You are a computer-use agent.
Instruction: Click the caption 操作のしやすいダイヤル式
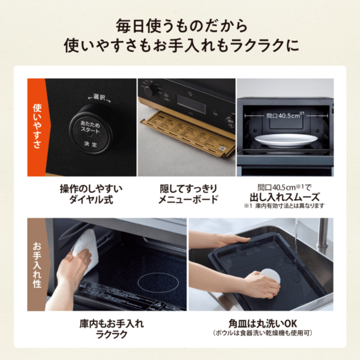pos(91,193)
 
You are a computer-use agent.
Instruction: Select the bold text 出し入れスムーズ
pos(284,197)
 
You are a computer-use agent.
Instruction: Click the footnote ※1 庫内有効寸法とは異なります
pos(284,206)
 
